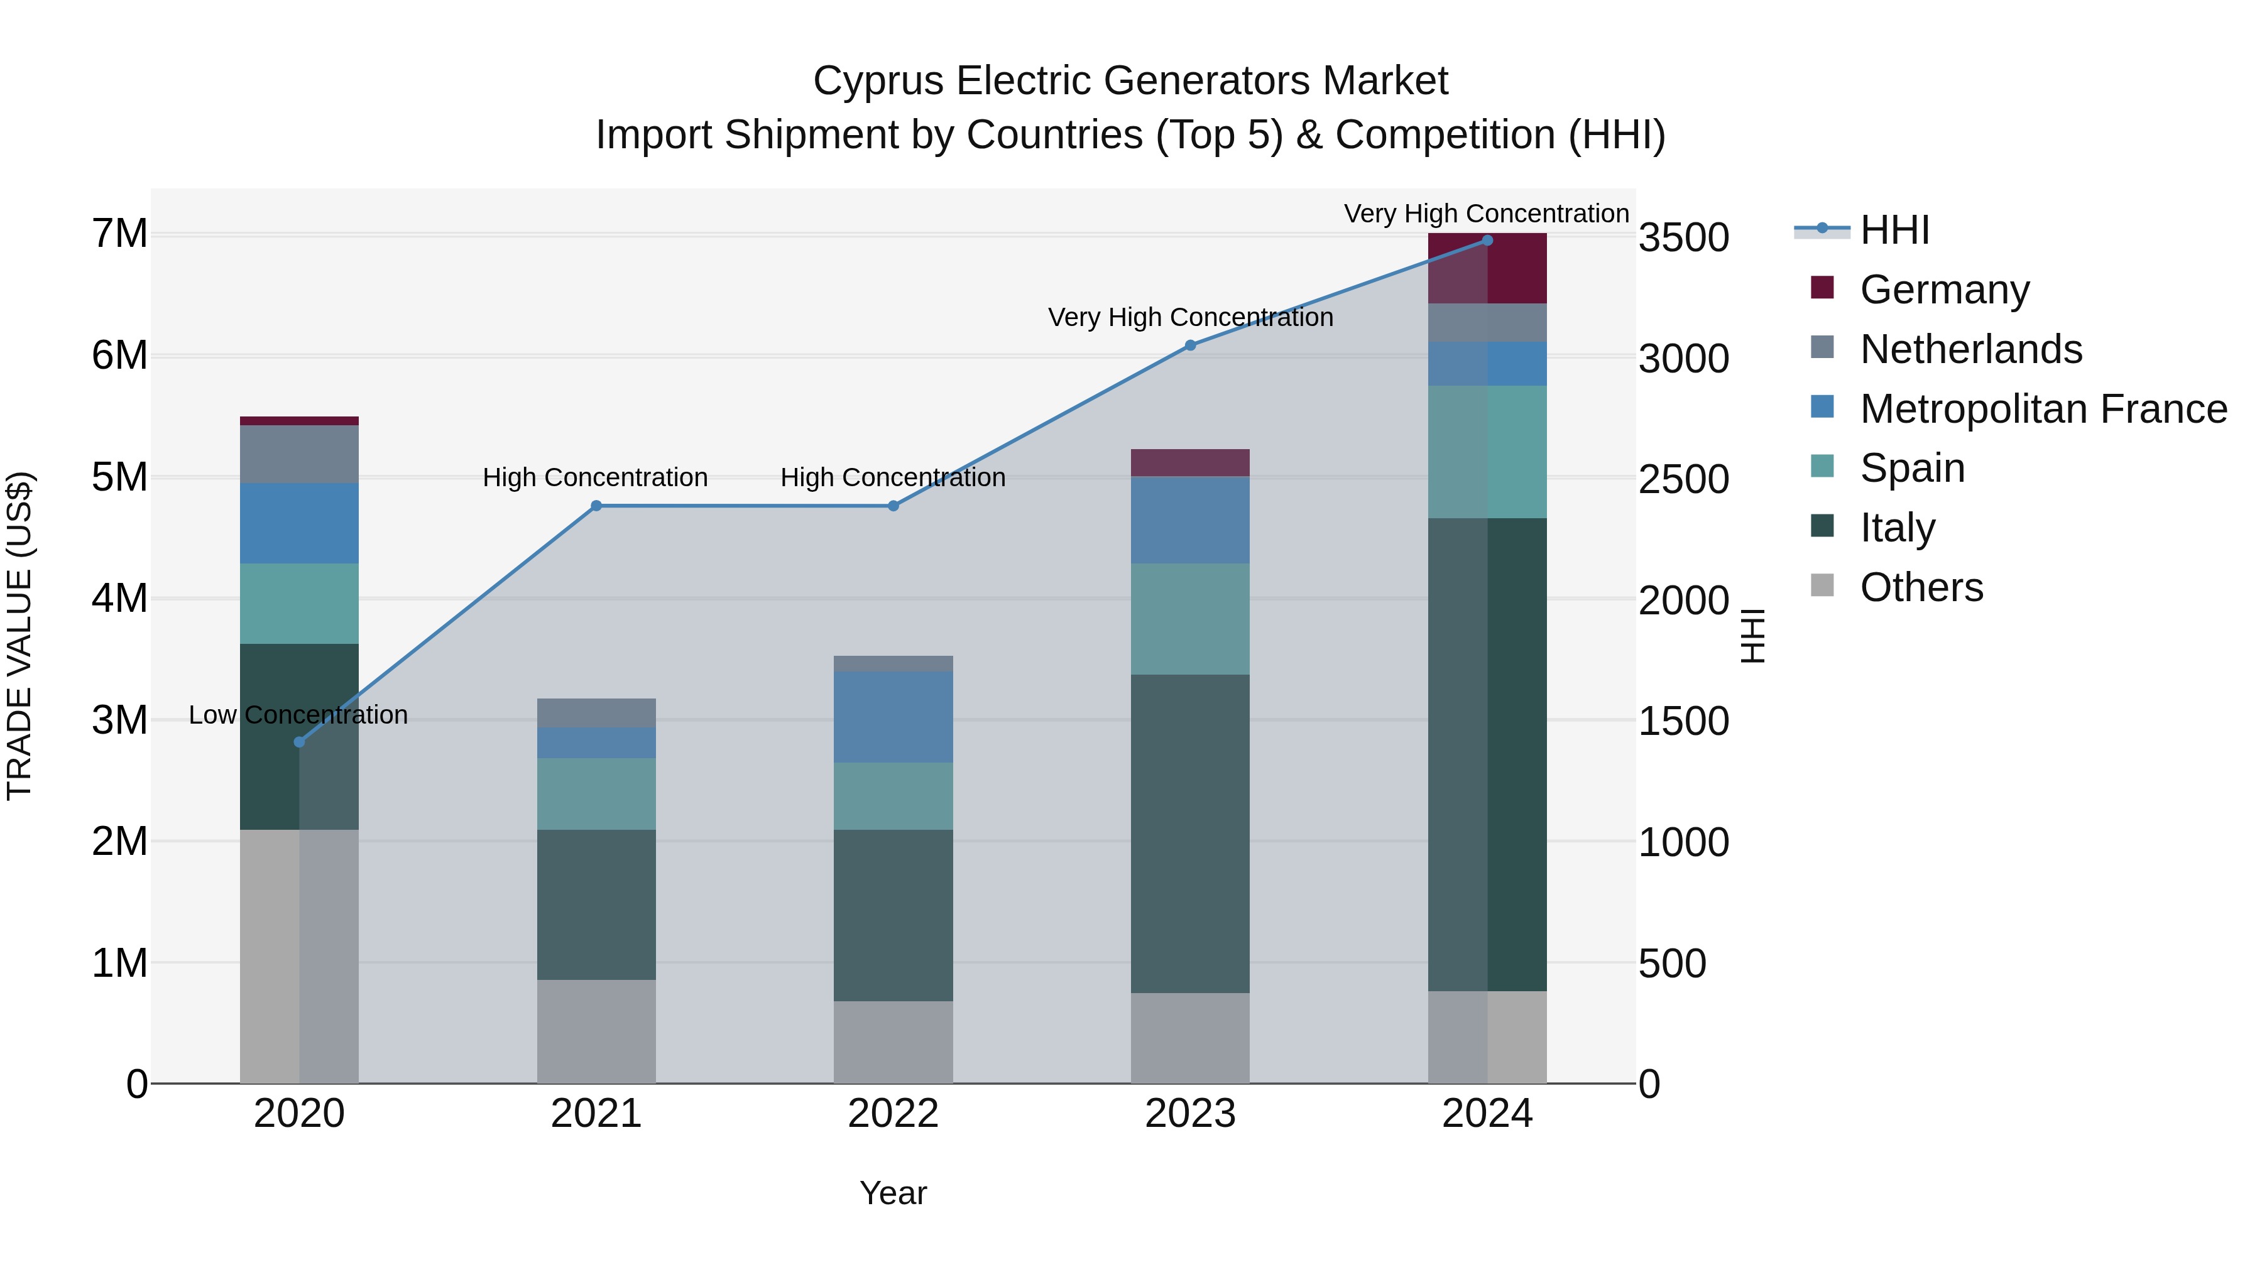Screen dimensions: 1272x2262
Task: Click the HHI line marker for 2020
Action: (x=300, y=742)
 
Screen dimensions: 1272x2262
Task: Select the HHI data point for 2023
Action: (x=1190, y=345)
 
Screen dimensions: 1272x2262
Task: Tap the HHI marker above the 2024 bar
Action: (x=1487, y=241)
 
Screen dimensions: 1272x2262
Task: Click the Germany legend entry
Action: (x=1944, y=289)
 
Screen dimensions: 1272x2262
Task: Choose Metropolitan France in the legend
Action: (x=2043, y=408)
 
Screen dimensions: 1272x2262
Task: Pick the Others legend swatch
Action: (x=1822, y=585)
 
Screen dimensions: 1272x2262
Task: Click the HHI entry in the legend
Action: (x=1894, y=229)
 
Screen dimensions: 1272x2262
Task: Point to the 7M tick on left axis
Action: (x=119, y=234)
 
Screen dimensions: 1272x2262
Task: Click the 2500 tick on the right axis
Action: (x=1683, y=479)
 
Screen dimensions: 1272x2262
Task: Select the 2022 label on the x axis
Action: (x=893, y=1114)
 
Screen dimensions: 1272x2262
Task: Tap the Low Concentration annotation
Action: (x=298, y=715)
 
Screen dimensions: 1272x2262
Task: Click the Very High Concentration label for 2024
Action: (x=1486, y=214)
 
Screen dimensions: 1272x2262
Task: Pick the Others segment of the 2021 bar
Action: (x=596, y=1031)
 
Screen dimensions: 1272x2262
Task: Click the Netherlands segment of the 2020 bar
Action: (x=300, y=454)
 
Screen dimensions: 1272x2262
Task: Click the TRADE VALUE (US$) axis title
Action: (x=19, y=636)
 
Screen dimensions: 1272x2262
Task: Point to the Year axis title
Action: (x=893, y=1193)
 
